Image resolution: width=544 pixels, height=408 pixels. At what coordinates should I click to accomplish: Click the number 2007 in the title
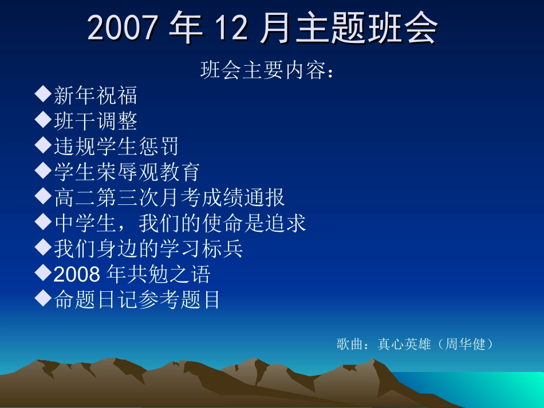[x=122, y=27]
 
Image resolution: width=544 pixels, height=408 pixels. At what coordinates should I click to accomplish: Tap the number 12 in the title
[x=231, y=27]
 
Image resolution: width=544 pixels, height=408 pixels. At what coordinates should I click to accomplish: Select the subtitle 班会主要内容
[x=263, y=70]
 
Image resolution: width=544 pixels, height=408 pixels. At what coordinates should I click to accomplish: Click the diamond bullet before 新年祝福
[x=44, y=94]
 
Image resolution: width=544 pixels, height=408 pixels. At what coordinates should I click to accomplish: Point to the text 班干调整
[x=96, y=121]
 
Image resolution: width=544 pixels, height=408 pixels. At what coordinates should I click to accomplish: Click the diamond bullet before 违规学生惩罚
[x=44, y=145]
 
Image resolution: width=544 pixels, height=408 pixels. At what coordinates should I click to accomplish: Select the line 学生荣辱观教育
[x=127, y=172]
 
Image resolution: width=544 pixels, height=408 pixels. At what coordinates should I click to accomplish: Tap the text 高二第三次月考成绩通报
[x=169, y=197]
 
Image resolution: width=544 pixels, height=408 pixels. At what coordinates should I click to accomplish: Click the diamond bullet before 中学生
[x=44, y=221]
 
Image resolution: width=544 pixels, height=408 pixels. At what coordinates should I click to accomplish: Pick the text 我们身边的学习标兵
[x=148, y=248]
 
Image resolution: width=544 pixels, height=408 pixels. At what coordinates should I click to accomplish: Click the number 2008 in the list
[x=77, y=274]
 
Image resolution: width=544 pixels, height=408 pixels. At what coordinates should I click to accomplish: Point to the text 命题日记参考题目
[x=137, y=299]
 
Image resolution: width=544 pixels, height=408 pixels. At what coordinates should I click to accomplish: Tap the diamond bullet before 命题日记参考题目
[x=44, y=298]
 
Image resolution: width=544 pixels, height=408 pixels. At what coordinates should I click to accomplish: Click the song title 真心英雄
[x=404, y=344]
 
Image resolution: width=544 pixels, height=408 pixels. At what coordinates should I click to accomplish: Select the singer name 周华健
[x=465, y=344]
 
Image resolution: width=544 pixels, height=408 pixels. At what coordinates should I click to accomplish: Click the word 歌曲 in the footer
[x=350, y=344]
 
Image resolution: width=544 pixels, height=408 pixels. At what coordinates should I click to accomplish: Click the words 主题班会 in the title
[x=366, y=27]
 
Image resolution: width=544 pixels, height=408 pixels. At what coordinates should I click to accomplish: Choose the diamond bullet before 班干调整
[x=44, y=120]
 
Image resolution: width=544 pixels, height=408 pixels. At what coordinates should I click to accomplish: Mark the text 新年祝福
[x=96, y=96]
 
